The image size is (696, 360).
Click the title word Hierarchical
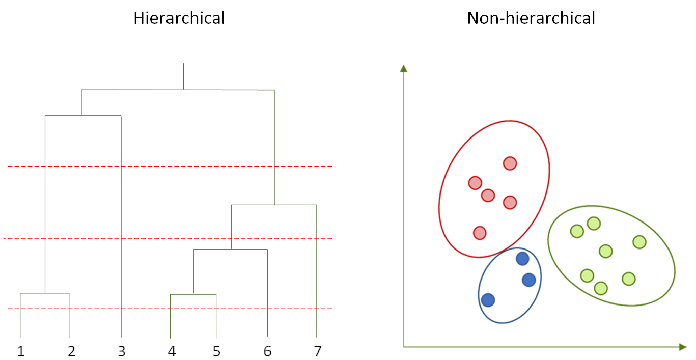point(179,18)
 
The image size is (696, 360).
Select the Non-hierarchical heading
point(531,18)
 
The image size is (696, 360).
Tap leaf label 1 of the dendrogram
point(20,351)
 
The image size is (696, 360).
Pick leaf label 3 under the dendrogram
point(121,351)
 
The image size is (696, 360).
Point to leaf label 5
point(216,351)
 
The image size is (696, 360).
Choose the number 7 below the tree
point(318,351)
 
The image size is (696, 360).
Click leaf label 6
point(268,351)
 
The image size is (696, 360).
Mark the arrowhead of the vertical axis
point(404,69)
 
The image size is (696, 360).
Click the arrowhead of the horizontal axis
point(682,347)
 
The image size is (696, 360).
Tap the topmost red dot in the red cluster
point(510,163)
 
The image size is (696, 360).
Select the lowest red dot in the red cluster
point(479,233)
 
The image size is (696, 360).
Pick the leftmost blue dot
point(488,300)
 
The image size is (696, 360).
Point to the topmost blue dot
point(522,259)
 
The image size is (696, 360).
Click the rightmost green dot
point(639,242)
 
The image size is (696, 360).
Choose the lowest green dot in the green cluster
point(601,288)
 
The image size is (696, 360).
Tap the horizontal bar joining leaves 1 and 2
point(45,294)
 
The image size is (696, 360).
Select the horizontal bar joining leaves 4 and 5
point(193,294)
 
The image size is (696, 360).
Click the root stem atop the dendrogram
point(183,76)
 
